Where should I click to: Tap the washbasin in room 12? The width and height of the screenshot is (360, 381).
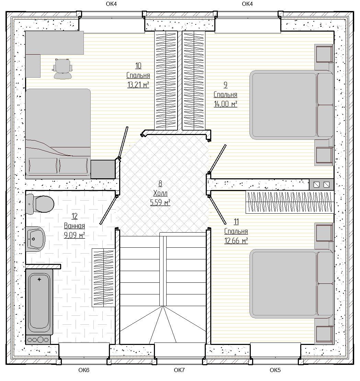[35, 239]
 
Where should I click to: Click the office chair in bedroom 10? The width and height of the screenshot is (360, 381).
[63, 69]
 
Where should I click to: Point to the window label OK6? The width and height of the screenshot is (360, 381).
[84, 370]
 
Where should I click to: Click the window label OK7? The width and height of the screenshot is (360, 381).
[179, 370]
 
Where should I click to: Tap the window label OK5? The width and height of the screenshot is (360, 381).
[275, 370]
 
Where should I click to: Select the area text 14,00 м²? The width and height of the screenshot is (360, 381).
[225, 104]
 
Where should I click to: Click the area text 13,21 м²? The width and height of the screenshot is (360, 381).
[138, 85]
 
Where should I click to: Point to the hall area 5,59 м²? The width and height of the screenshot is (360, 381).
[160, 202]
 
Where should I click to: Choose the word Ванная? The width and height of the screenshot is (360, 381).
[74, 226]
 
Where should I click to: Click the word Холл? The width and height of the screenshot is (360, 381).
[160, 193]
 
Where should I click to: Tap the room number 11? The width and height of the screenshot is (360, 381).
[236, 222]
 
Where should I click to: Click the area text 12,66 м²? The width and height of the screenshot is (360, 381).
[236, 241]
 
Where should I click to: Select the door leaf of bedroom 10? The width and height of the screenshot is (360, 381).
[123, 143]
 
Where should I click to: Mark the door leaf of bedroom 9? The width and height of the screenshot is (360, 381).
[217, 159]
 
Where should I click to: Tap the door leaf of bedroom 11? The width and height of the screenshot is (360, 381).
[217, 210]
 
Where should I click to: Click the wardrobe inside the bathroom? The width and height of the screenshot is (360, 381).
[103, 278]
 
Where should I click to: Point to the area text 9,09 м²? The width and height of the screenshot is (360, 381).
[74, 235]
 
